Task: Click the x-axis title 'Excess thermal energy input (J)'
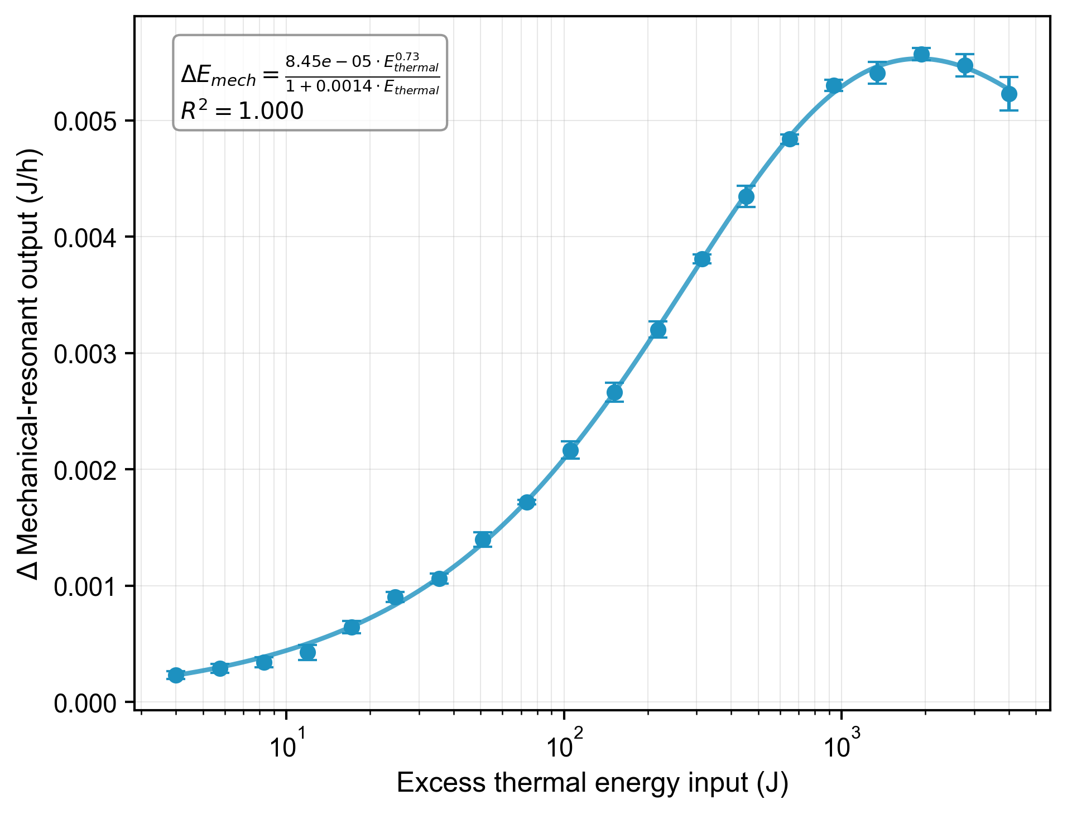point(592,783)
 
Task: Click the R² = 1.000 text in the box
point(242,111)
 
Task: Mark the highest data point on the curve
point(921,54)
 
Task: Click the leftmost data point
point(176,675)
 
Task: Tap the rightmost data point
point(1009,94)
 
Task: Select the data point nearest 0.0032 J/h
point(658,330)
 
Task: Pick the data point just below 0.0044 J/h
point(746,196)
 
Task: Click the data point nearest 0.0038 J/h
point(702,259)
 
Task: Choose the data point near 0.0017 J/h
point(527,503)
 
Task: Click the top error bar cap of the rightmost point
point(1009,77)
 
